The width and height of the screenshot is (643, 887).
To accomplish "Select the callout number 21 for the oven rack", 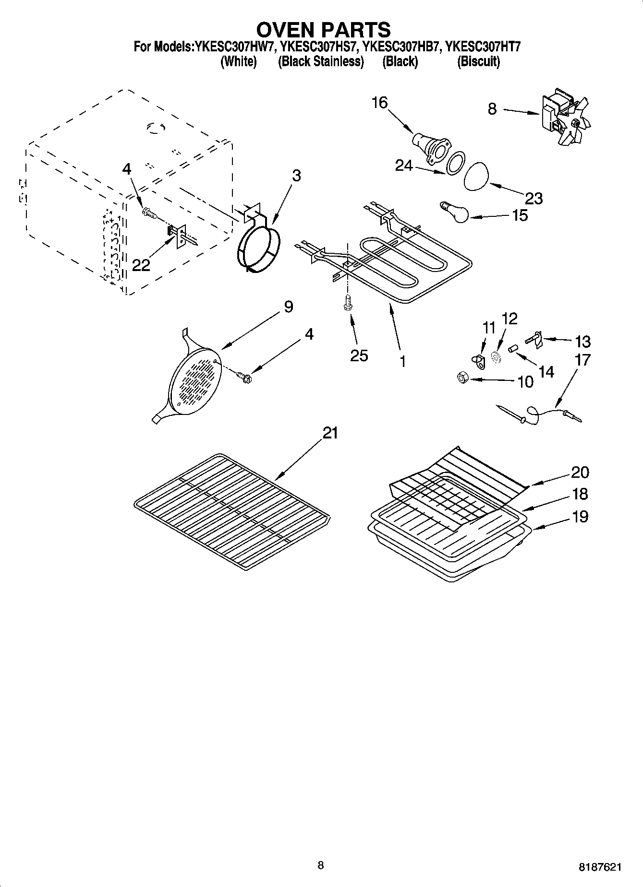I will coord(330,433).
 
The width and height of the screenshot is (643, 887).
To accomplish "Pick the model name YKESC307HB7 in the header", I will coord(400,47).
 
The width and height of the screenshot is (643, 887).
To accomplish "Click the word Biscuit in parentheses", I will coord(478,62).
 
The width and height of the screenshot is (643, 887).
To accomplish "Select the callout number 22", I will coord(141,265).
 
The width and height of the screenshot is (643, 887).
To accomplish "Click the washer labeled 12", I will coord(497,357).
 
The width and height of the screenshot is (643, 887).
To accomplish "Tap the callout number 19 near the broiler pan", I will coord(580,517).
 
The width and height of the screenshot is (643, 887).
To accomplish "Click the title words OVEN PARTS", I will coord(323,30).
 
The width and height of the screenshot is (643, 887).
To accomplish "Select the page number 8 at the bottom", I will coord(320,865).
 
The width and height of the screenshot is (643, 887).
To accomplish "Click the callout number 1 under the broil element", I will coord(402,361).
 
